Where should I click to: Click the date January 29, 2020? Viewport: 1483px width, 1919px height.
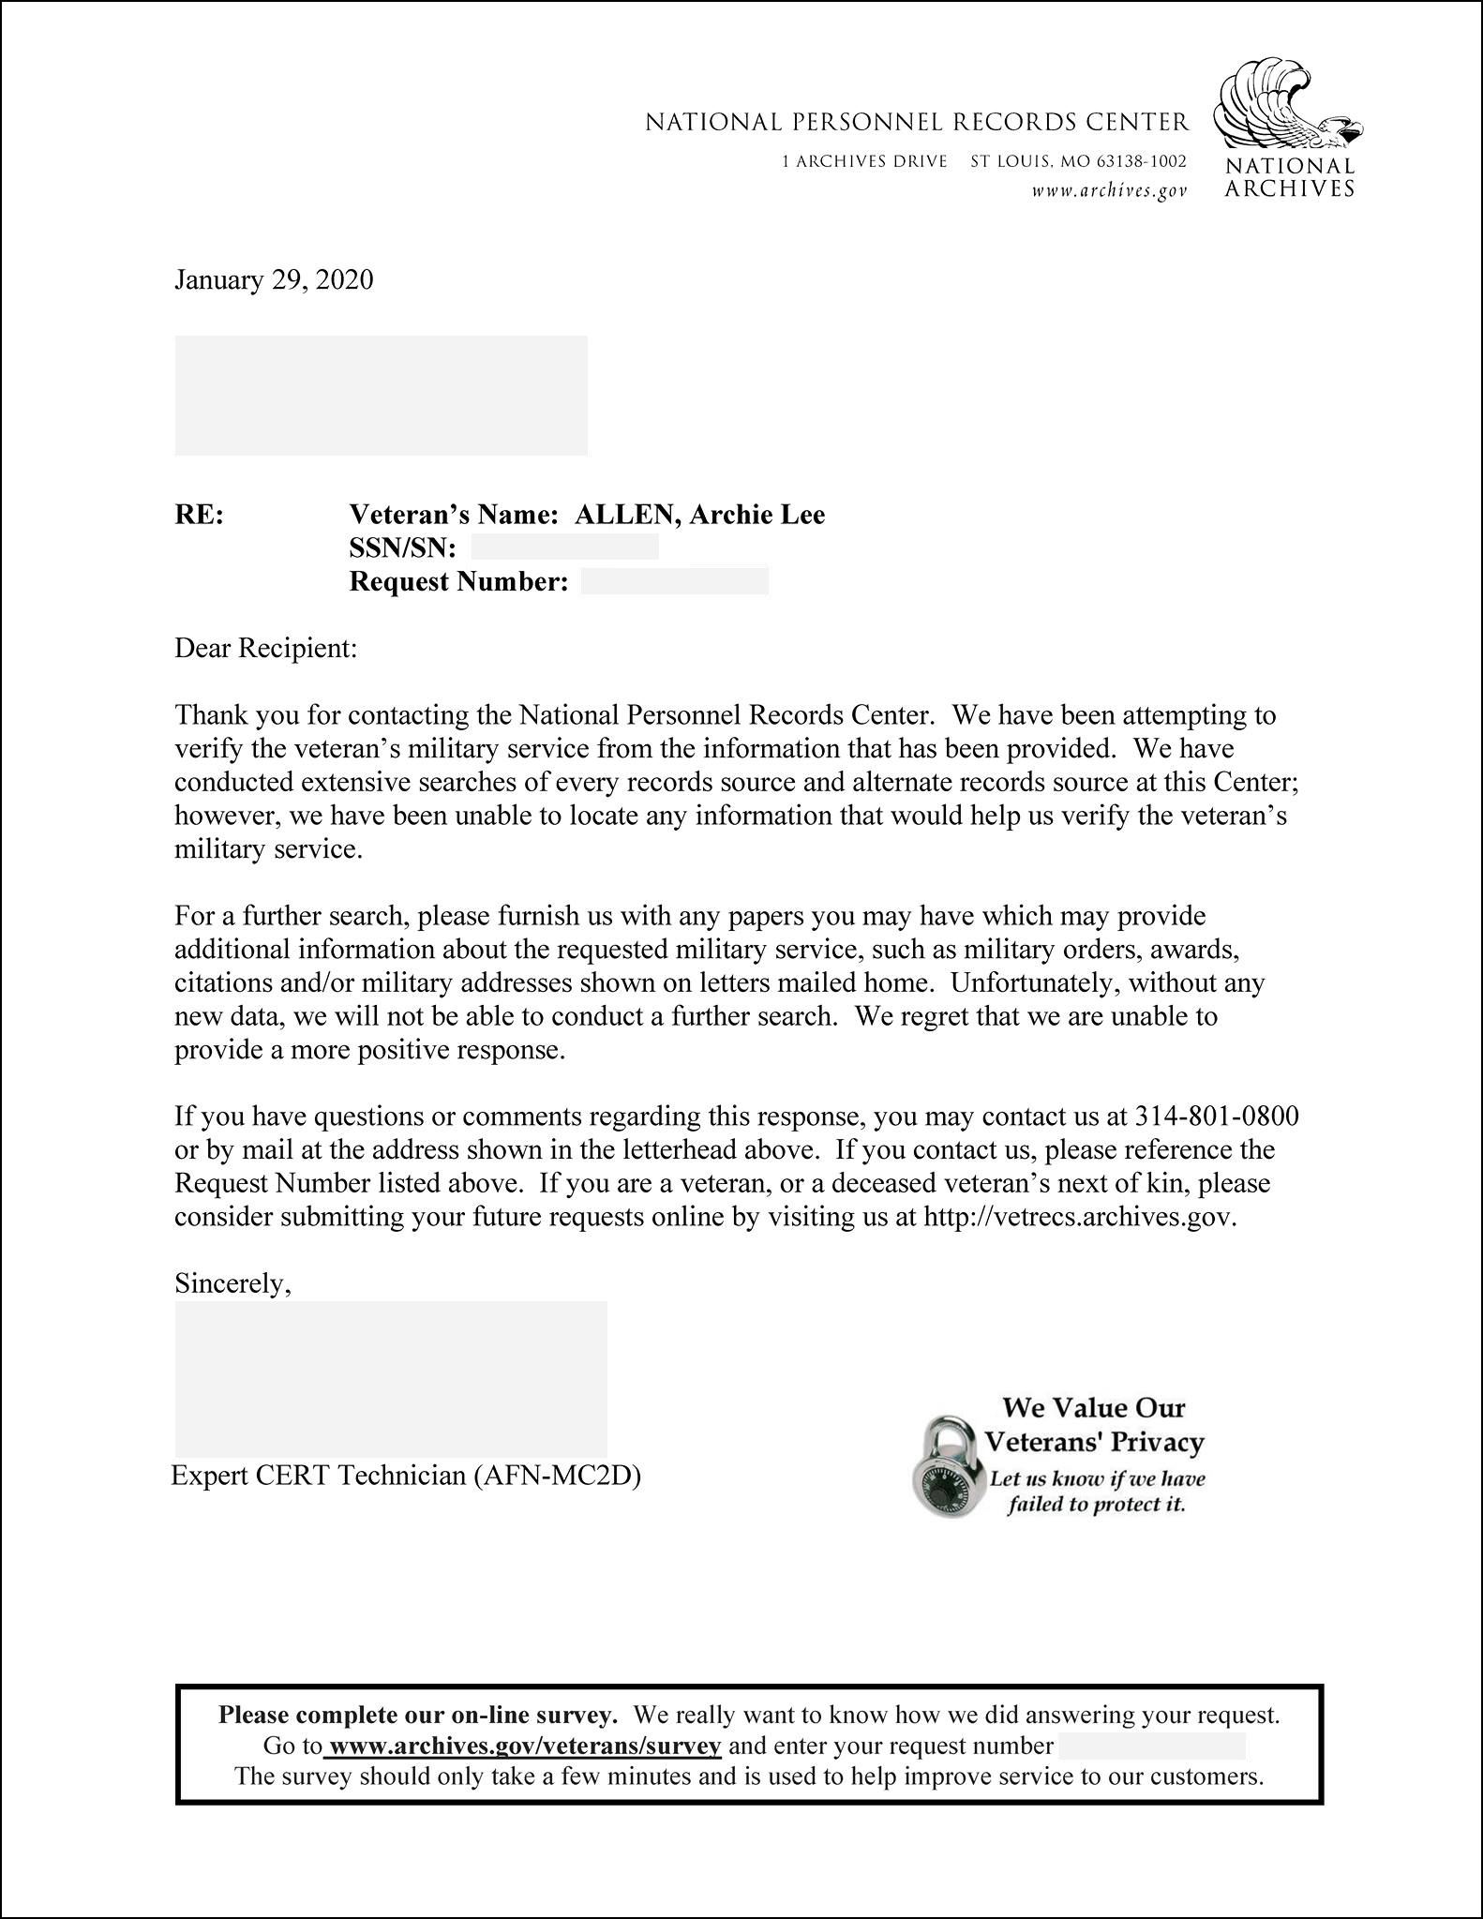274,280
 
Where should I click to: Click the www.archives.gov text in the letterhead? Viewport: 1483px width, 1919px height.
1109,191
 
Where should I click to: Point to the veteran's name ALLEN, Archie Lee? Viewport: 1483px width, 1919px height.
699,515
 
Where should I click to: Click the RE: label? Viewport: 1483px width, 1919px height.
199,515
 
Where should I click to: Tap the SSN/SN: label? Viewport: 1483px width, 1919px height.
402,548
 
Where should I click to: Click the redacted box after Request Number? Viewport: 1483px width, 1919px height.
674,581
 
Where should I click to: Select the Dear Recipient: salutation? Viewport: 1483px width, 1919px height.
266,648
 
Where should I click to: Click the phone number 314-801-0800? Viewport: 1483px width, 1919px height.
1217,1116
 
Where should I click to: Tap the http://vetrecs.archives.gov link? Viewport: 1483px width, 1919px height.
1079,1217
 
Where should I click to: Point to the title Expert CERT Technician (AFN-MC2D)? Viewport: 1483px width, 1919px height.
406,1476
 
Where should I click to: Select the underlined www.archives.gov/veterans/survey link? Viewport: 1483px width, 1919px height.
525,1746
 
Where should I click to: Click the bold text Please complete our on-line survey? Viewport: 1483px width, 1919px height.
417,1715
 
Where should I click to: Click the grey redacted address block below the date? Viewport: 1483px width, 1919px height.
381,396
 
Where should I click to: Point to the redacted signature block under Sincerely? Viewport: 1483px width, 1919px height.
391,1378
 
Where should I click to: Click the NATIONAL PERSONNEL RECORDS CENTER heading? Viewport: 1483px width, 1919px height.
916,122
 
